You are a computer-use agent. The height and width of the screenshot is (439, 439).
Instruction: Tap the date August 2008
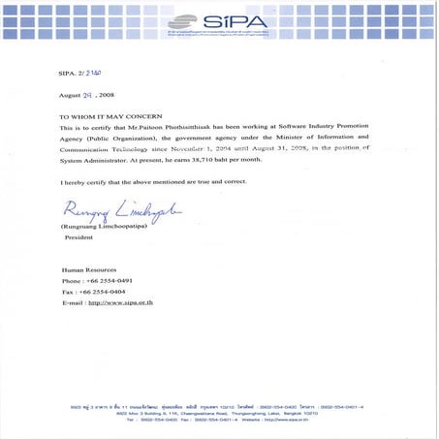coord(87,97)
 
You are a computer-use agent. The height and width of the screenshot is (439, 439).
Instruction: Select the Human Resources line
coord(89,269)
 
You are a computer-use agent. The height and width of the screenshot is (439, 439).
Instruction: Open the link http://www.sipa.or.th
coord(122,303)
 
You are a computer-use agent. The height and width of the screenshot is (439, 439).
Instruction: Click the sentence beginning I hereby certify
coord(153,182)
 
